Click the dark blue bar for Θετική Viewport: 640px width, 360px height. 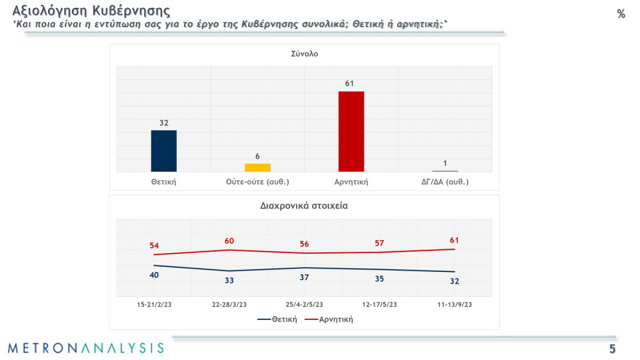click(x=164, y=151)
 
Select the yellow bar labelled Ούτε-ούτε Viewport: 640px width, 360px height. click(x=257, y=167)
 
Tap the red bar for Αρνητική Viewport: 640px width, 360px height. click(x=351, y=131)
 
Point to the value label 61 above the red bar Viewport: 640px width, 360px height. click(x=350, y=84)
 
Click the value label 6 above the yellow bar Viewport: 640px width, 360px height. click(x=257, y=156)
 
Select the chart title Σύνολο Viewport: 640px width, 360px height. click(x=305, y=54)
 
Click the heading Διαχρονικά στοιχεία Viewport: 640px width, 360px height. click(x=304, y=205)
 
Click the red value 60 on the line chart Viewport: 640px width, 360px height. click(x=229, y=241)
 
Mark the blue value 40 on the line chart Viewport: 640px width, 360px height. click(x=154, y=275)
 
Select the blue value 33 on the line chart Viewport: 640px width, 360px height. click(x=229, y=280)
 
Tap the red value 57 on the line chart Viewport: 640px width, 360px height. click(x=379, y=243)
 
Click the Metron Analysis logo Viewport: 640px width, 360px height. click(x=86, y=348)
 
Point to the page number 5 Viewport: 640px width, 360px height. click(x=612, y=348)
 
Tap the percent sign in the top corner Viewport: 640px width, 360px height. click(x=620, y=14)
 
